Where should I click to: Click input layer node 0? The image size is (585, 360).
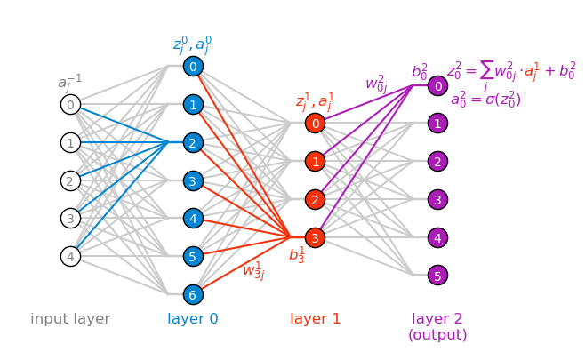click(x=70, y=105)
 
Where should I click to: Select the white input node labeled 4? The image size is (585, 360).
click(x=70, y=257)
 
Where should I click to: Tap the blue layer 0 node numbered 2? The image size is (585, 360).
click(x=193, y=142)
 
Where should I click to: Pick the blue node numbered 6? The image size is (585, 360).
click(x=193, y=294)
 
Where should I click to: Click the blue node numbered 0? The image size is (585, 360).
click(x=193, y=67)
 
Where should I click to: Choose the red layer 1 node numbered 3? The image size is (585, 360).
click(x=315, y=237)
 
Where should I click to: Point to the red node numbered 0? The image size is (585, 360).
click(x=315, y=124)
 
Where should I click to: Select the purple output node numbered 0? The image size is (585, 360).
click(x=437, y=86)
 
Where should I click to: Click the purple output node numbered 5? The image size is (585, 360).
click(x=437, y=276)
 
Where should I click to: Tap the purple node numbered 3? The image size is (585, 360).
click(x=437, y=199)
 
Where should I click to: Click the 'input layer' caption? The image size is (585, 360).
click(x=70, y=319)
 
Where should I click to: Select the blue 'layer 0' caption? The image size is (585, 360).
click(x=193, y=319)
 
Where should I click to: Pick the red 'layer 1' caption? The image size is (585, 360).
click(x=315, y=319)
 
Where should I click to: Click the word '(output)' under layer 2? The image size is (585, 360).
click(x=437, y=335)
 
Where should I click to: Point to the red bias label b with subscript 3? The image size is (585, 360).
click(x=296, y=255)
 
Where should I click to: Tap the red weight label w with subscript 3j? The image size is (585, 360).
click(x=253, y=270)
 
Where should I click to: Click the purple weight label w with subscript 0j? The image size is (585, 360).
click(x=376, y=84)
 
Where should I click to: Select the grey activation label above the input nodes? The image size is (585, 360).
click(x=69, y=83)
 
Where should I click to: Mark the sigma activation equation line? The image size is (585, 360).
click(x=485, y=100)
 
